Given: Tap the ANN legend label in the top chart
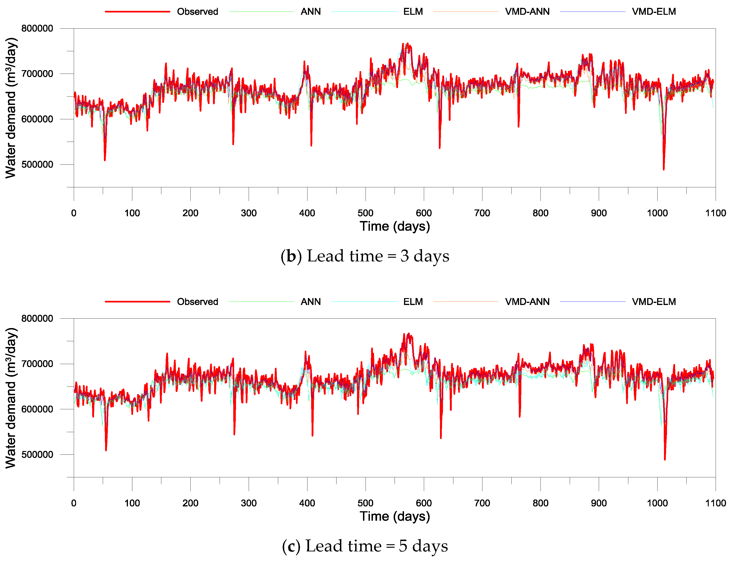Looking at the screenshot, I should click(x=310, y=12).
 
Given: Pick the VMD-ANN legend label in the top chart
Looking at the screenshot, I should click(x=527, y=12).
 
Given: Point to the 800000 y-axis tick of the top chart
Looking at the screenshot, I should click(x=37, y=29).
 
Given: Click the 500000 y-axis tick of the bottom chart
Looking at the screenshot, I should click(x=37, y=455).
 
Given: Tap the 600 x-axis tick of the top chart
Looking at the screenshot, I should click(x=424, y=213).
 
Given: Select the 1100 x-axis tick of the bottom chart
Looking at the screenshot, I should click(x=715, y=503).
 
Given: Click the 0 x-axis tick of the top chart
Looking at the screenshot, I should click(x=74, y=213).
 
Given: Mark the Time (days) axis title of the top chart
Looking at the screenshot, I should click(x=395, y=227).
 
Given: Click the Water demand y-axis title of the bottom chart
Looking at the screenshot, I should click(x=11, y=398).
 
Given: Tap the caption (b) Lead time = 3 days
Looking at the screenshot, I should click(x=365, y=256).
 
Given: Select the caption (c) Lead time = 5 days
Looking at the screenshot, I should click(x=365, y=546).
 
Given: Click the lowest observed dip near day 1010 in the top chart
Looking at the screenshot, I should click(x=663, y=169).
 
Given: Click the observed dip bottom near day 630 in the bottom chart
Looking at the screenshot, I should click(x=440, y=438).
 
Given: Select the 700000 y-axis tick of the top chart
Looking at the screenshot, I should click(x=37, y=74).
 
